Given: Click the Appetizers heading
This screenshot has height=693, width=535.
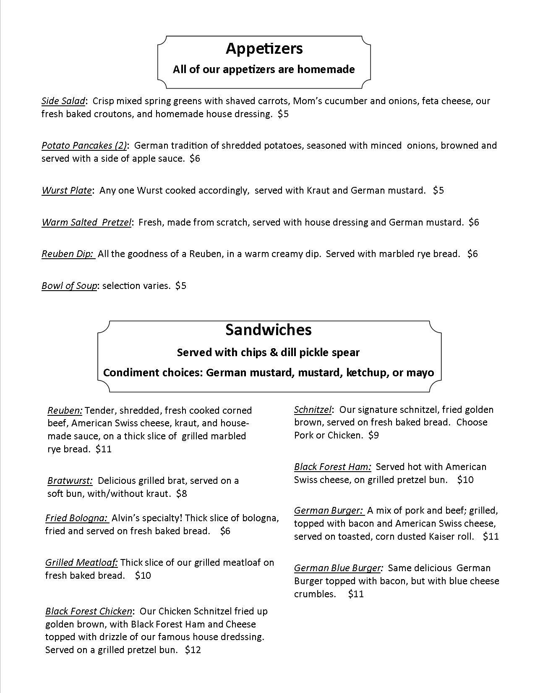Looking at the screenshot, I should (x=264, y=49).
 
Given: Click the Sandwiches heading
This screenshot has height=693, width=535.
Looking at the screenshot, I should (x=269, y=330).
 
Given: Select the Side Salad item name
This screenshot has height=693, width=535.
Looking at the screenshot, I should (x=63, y=101).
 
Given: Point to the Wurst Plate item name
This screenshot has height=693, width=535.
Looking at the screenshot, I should (x=66, y=191).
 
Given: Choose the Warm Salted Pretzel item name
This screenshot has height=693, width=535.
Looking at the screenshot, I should (x=86, y=223).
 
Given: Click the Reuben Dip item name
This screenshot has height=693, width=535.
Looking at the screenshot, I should (x=68, y=254).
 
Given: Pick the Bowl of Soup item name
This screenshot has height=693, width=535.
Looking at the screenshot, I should (x=69, y=286).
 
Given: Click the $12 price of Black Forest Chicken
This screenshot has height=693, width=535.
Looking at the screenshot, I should (x=193, y=650).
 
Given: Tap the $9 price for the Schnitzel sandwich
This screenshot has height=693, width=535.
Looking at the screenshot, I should (x=373, y=436).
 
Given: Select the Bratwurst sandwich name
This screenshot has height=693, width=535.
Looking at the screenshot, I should (x=69, y=481).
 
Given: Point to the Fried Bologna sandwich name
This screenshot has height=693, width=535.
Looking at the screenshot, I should (x=76, y=518).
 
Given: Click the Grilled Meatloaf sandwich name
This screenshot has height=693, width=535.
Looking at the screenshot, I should (x=81, y=563).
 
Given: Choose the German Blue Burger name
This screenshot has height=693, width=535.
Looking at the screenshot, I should (x=338, y=568).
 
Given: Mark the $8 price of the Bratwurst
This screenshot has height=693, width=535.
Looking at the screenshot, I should (x=182, y=494).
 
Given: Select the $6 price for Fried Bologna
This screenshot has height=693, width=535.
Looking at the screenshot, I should (x=225, y=531).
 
